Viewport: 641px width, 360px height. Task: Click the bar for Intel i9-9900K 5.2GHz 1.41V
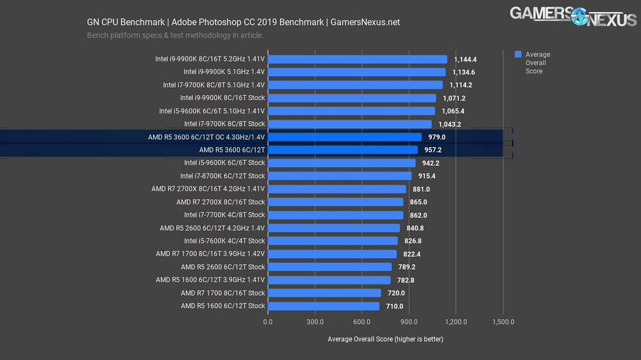click(357, 59)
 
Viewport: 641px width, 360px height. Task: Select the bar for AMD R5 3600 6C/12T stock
click(342, 150)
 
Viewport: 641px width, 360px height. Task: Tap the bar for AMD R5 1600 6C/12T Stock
click(323, 306)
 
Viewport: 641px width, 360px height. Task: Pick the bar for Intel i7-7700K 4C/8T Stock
click(335, 215)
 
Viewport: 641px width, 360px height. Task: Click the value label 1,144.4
click(465, 60)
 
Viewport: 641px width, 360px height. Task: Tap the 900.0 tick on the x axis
click(409, 322)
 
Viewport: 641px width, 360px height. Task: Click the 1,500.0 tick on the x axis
click(503, 322)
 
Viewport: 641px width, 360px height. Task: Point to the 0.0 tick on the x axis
click(268, 322)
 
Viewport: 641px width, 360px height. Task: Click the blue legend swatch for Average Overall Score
click(518, 55)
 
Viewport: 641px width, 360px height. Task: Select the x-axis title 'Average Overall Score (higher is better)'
click(385, 339)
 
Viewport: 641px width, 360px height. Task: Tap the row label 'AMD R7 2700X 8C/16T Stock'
click(221, 202)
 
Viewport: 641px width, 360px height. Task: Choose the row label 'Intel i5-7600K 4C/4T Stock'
click(224, 241)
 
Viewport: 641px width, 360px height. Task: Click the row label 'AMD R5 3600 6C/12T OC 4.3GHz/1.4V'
click(206, 137)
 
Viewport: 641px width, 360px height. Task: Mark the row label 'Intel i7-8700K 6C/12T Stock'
click(222, 176)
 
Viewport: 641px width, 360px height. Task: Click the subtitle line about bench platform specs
click(175, 35)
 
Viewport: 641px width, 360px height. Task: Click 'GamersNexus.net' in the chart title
click(365, 22)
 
